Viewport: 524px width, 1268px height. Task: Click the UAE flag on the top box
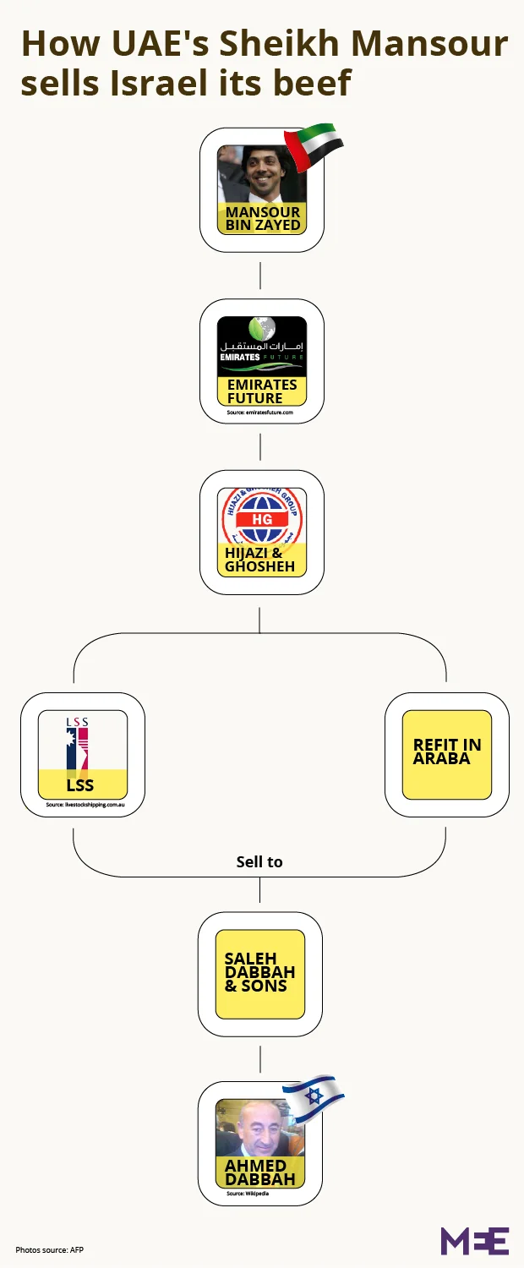tap(312, 147)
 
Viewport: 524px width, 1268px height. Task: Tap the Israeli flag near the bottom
tap(312, 1096)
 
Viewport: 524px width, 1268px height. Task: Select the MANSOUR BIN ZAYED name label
tap(262, 218)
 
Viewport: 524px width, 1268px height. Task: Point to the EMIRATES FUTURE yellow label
tap(262, 391)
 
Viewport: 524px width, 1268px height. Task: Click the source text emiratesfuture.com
tap(260, 413)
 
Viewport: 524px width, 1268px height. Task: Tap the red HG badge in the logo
tap(262, 519)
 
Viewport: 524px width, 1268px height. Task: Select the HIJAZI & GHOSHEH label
tap(260, 560)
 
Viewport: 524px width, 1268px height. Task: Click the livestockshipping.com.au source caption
tap(83, 806)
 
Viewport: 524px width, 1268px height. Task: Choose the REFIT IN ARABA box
tap(447, 752)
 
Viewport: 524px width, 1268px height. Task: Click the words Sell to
tap(259, 862)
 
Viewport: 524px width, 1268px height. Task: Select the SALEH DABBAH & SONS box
tap(260, 973)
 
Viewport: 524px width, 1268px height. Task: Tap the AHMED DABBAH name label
tap(260, 1172)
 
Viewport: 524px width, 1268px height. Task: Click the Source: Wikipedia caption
tap(248, 1194)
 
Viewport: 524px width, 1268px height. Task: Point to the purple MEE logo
tap(474, 1240)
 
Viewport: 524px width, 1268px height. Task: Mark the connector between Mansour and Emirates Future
tap(260, 275)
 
